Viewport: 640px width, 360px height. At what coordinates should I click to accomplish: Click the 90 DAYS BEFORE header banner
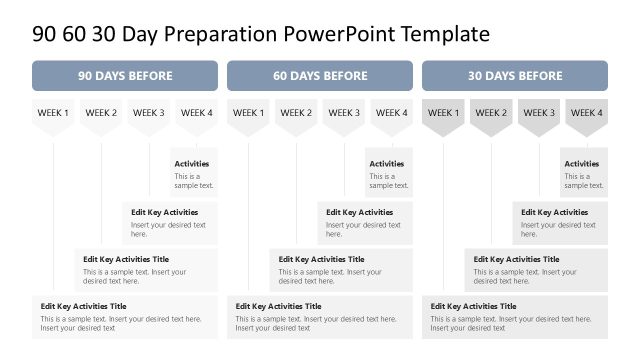click(x=125, y=76)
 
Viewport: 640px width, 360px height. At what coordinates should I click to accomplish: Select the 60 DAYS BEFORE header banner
click(x=320, y=76)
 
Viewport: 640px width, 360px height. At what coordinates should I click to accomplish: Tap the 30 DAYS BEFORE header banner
click(x=515, y=76)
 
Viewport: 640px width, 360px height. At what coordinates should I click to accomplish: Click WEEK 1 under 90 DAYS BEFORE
click(x=54, y=114)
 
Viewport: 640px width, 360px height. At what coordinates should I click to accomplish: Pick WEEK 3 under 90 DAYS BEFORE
click(x=149, y=114)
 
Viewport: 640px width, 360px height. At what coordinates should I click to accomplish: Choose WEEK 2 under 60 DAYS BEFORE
click(x=296, y=114)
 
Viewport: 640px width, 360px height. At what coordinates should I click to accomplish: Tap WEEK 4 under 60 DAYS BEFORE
click(x=391, y=114)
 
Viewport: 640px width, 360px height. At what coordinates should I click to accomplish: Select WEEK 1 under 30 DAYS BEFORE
click(x=443, y=114)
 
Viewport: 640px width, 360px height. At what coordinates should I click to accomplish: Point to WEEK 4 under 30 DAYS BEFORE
click(x=587, y=114)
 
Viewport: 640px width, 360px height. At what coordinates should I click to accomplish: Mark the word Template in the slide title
click(x=445, y=35)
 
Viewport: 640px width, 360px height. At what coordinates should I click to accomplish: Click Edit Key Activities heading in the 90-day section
click(x=165, y=212)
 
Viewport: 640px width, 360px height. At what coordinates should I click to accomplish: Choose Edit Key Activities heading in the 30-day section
click(x=555, y=212)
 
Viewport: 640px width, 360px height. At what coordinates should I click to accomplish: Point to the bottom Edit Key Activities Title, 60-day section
click(x=279, y=306)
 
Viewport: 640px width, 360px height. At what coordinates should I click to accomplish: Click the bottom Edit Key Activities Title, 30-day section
click(x=474, y=306)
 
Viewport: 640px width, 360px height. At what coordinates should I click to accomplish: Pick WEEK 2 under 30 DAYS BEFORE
click(x=491, y=114)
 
